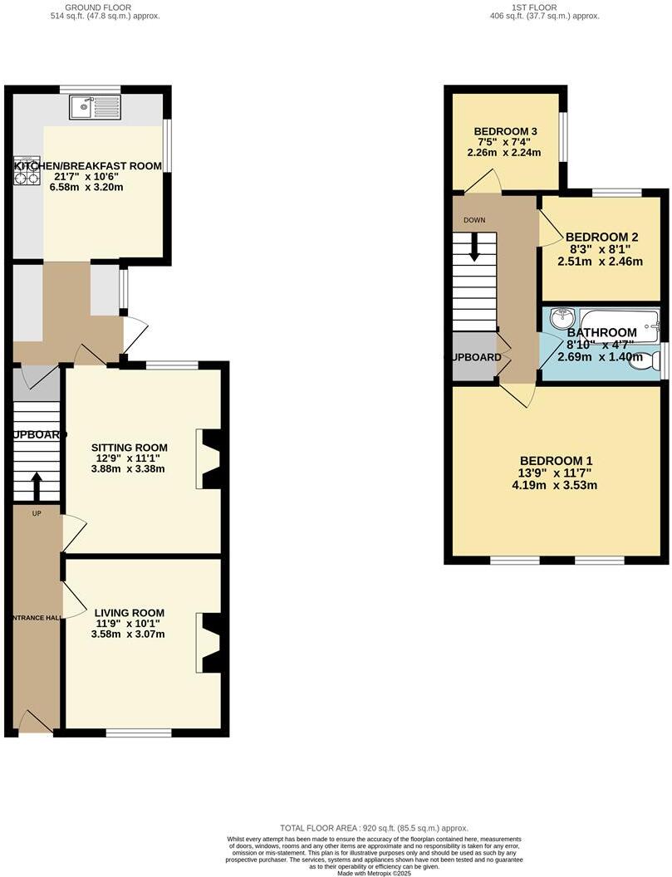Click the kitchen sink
96,106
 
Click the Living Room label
129,614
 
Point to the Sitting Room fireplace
209,458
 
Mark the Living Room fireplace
209,642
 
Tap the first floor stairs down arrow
474,247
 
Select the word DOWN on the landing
474,220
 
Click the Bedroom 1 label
556,461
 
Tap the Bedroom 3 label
505,132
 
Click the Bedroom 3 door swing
486,182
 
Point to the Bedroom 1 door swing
517,394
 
